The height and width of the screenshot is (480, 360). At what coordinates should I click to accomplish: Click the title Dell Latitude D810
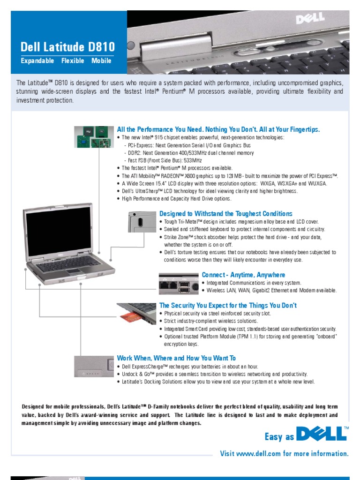pyautogui.click(x=67, y=47)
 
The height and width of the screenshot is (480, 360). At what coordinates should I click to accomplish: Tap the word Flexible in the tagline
pyautogui.click(x=73, y=61)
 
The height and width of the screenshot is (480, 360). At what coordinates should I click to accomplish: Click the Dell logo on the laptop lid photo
pyautogui.click(x=310, y=18)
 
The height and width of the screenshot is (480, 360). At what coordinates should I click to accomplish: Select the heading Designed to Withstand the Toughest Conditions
pyautogui.click(x=225, y=214)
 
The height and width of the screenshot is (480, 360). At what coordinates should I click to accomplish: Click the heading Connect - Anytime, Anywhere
pyautogui.click(x=243, y=275)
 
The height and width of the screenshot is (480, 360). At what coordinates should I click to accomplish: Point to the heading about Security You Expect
pyautogui.click(x=228, y=306)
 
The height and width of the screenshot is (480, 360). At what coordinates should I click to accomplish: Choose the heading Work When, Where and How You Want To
pyautogui.click(x=176, y=358)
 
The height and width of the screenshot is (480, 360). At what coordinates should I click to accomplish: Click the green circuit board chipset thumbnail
pyautogui.click(x=93, y=136)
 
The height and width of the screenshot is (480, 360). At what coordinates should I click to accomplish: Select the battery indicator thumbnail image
pyautogui.click(x=93, y=367)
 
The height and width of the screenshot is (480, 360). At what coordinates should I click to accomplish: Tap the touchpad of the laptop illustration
pyautogui.click(x=74, y=271)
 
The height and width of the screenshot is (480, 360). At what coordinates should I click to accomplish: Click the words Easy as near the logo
pyautogui.click(x=280, y=437)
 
